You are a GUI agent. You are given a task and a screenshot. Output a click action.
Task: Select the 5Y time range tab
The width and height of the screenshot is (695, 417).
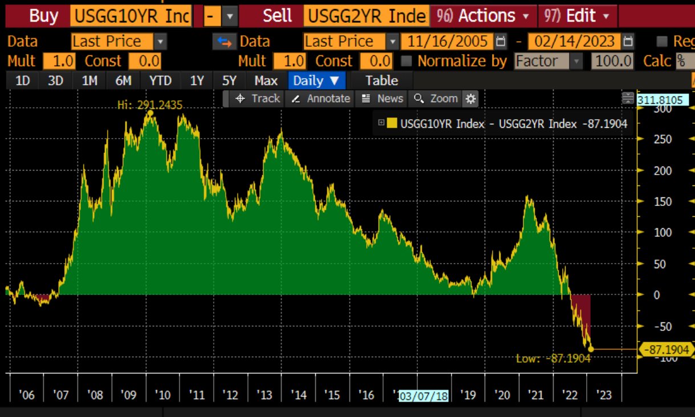229,81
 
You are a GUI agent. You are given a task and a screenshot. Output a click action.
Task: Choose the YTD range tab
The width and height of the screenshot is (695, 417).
160,81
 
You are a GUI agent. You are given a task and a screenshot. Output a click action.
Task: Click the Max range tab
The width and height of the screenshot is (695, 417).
266,81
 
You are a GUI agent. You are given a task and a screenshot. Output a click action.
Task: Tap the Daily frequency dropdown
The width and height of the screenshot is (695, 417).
316,81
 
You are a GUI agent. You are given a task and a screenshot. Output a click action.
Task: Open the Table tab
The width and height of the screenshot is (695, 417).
381,81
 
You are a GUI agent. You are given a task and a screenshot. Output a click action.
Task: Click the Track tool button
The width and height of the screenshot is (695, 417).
258,99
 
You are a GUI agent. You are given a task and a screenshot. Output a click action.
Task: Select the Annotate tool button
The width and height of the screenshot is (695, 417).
320,99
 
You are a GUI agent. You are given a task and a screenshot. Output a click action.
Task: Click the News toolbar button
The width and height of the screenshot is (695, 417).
383,99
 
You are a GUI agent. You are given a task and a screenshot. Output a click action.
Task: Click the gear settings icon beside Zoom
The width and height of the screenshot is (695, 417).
470,99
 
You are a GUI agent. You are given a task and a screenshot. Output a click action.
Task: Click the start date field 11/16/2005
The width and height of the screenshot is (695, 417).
446,42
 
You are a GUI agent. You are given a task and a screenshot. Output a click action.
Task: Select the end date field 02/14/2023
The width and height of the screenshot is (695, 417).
573,42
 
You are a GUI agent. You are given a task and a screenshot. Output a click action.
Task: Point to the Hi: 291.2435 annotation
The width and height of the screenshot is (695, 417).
150,105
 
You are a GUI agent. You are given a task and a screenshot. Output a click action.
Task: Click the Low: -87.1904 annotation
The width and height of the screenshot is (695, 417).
553,358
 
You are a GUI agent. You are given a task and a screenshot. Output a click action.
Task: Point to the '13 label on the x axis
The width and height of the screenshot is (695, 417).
265,395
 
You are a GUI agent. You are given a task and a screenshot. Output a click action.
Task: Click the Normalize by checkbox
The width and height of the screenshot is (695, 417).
407,61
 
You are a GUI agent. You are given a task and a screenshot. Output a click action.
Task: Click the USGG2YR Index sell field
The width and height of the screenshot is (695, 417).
367,15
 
